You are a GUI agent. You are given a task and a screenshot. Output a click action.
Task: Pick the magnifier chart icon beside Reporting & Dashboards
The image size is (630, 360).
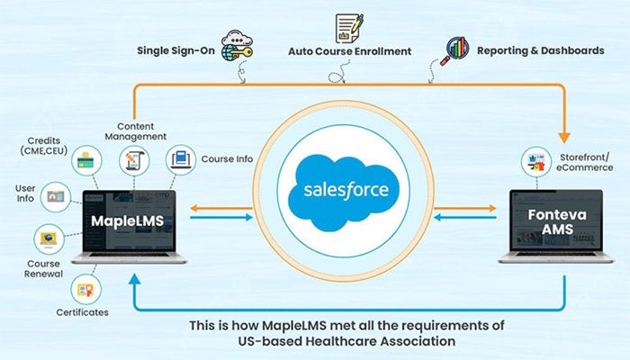tap(455, 49)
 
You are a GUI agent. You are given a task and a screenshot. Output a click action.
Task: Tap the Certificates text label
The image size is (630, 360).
tap(82, 313)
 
